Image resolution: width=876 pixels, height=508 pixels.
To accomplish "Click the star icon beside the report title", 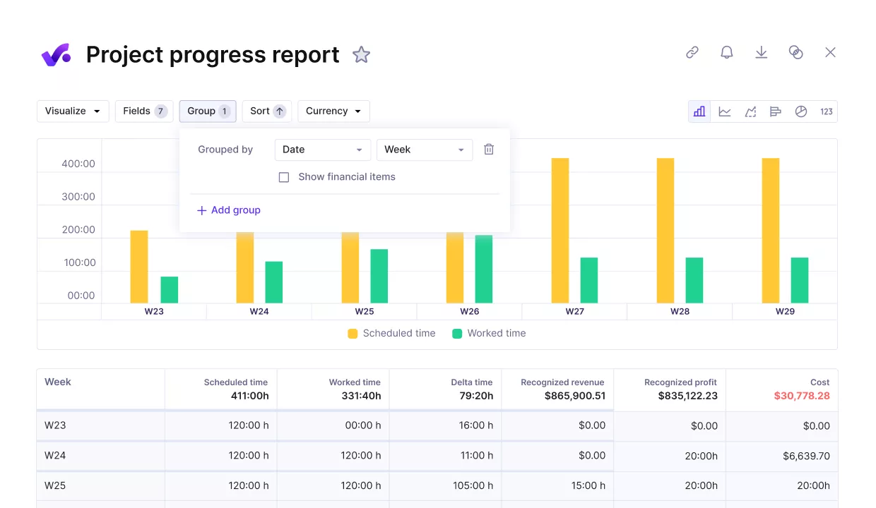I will tap(361, 54).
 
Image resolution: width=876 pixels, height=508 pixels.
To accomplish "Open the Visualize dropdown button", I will tap(73, 111).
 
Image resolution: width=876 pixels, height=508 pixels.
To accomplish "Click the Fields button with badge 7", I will tap(144, 111).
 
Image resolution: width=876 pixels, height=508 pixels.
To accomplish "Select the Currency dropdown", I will tap(333, 111).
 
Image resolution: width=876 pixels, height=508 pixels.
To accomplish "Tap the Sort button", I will tap(267, 111).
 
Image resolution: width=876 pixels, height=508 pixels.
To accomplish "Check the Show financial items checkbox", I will tap(284, 177).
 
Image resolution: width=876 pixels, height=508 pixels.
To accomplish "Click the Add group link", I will tap(229, 210).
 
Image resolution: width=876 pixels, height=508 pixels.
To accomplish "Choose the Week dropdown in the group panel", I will tap(424, 150).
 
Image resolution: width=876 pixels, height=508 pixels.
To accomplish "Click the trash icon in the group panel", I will tap(488, 150).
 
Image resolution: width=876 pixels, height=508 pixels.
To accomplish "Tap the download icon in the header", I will tap(761, 52).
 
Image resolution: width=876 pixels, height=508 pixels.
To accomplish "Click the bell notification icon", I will tap(726, 52).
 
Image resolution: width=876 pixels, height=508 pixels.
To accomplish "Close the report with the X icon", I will tap(830, 52).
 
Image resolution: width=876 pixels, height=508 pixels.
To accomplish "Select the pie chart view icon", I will tap(800, 111).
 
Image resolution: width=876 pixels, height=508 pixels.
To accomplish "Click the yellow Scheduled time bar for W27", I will tap(560, 230).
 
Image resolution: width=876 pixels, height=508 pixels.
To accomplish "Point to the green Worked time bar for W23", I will tap(170, 289).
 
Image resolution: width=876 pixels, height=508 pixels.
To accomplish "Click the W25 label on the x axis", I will tap(364, 311).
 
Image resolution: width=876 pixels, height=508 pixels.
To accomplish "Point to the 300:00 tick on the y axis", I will tap(78, 197).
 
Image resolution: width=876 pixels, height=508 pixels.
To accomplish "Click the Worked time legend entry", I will tap(489, 333).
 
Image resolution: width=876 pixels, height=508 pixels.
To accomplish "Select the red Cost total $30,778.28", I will tap(801, 396).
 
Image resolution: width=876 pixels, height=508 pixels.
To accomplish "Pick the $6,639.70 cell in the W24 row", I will tap(805, 456).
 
